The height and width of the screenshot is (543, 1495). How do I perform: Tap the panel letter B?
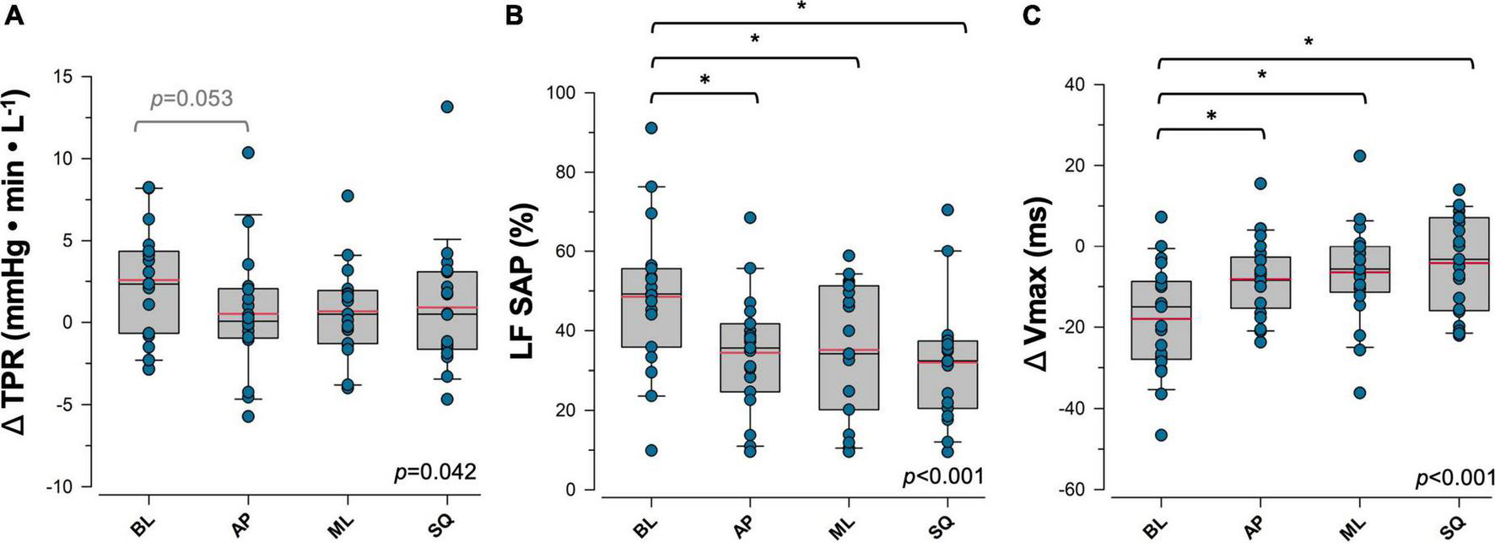tap(516, 14)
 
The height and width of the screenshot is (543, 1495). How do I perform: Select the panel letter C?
tap(1030, 14)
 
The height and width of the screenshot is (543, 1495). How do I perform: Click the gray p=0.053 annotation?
tap(191, 99)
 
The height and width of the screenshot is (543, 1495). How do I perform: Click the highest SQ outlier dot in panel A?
tap(447, 106)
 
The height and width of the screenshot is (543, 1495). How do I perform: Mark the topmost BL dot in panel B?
tap(651, 128)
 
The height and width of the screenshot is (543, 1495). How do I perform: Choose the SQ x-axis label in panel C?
tap(1454, 525)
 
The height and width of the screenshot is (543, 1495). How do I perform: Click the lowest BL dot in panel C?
tap(1161, 435)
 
